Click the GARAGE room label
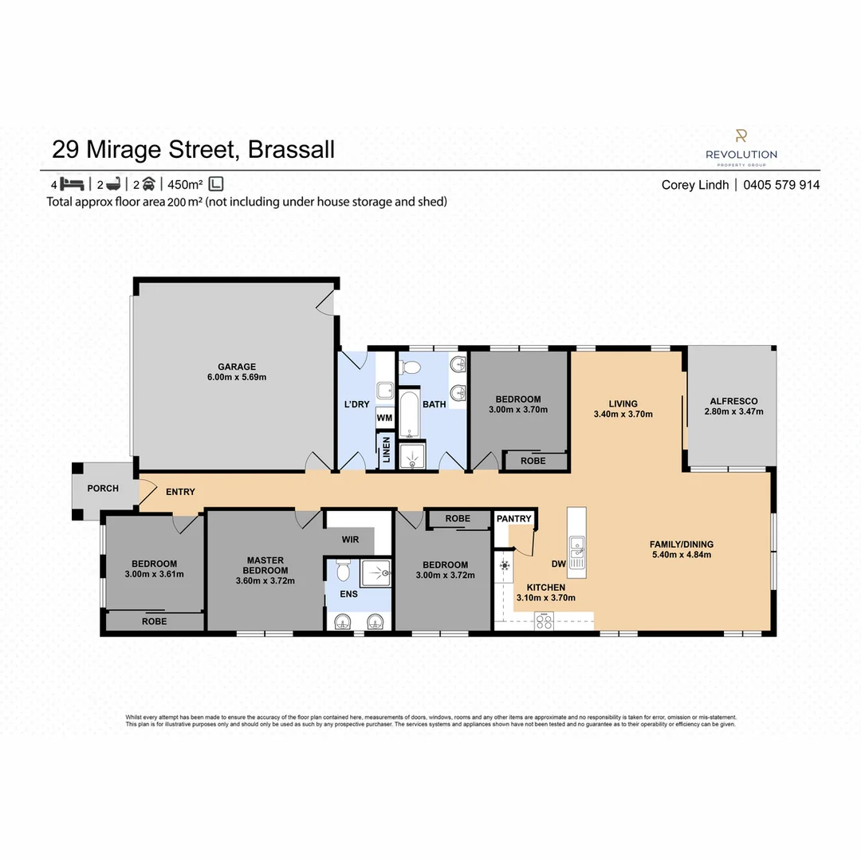(237, 366)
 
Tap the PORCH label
(103, 488)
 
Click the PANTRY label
(513, 519)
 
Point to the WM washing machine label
(384, 418)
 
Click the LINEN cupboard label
(387, 449)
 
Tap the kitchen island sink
(576, 548)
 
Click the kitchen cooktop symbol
(545, 622)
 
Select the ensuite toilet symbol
(344, 570)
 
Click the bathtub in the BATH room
(409, 415)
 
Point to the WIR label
(349, 540)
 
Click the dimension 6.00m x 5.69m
(237, 377)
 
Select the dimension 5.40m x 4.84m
(681, 555)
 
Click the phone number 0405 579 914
(781, 185)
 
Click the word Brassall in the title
(291, 149)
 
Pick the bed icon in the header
(73, 184)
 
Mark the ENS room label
(349, 594)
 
